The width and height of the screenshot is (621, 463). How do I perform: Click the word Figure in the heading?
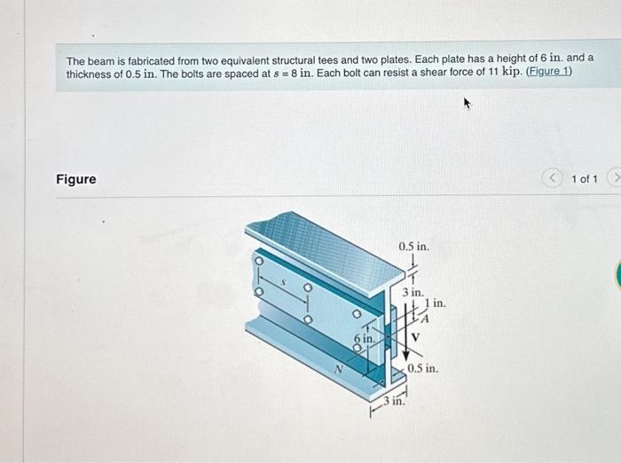[76, 179]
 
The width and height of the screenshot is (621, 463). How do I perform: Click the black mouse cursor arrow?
[466, 104]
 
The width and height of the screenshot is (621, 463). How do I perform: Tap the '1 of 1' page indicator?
[585, 179]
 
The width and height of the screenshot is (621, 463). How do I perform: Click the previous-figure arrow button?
[555, 179]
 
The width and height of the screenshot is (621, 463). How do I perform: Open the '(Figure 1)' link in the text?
[548, 72]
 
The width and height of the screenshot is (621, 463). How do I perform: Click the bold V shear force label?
[413, 337]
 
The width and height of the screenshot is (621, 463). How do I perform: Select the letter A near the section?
[427, 320]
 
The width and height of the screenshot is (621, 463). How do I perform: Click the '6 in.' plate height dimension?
[363, 338]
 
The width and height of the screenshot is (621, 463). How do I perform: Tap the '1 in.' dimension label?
[435, 303]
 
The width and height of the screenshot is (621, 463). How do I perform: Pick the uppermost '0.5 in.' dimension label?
[413, 246]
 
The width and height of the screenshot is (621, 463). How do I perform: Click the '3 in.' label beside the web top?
[411, 290]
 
